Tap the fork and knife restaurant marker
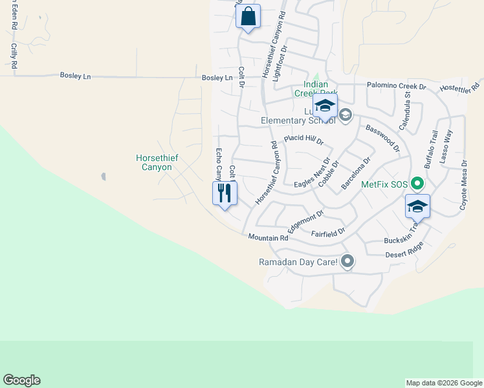[x=225, y=193]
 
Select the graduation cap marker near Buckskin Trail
[x=417, y=207]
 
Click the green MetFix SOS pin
[x=417, y=184]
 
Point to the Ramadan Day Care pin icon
[x=348, y=261]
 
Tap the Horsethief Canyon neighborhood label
[x=154, y=162]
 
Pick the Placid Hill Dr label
[x=303, y=140]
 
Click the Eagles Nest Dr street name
[x=313, y=173]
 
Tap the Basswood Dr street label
[x=382, y=138]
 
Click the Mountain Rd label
[x=267, y=238]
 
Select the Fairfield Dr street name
[x=328, y=231]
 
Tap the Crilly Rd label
[x=13, y=56]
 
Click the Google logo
[x=21, y=380]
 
